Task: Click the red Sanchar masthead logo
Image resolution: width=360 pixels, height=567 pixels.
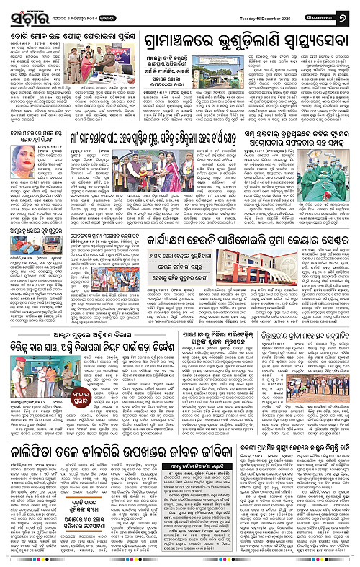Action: (x=28, y=11)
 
